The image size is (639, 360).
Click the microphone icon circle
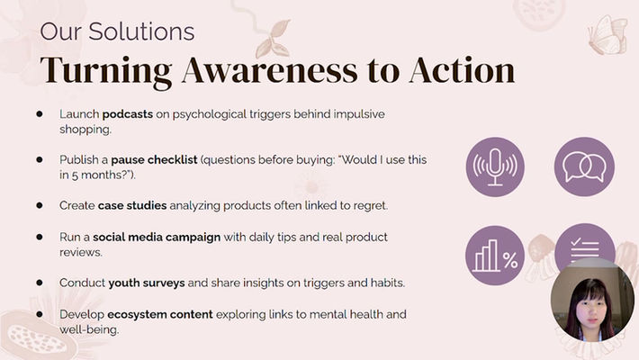click(495, 166)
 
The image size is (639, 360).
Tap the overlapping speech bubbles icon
click(584, 166)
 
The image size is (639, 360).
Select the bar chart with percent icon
click(495, 256)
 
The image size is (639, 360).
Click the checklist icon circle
click(584, 244)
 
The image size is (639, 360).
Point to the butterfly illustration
click(607, 35)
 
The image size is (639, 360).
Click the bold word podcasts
click(128, 114)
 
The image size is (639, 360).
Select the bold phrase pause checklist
click(154, 159)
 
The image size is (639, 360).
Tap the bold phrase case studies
click(132, 205)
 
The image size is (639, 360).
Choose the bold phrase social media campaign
click(157, 238)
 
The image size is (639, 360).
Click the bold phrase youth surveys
click(147, 283)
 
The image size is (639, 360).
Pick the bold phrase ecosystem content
click(160, 314)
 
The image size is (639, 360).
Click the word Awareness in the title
click(270, 69)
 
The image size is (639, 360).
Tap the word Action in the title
click(462, 69)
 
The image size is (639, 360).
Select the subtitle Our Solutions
click(117, 31)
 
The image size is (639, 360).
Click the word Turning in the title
click(106, 72)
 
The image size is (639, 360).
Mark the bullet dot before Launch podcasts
click(40, 113)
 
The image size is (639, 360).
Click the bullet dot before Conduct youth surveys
click(40, 282)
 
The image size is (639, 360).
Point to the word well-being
click(89, 329)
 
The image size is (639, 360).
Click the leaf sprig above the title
click(272, 39)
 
